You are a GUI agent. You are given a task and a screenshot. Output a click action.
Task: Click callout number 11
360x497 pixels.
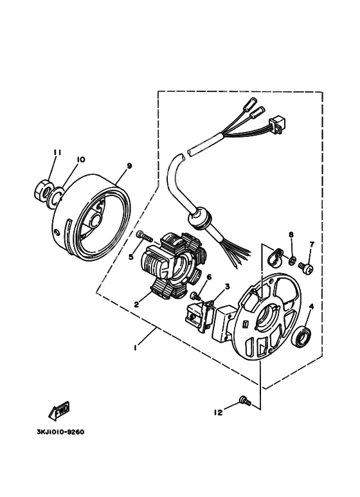click(57, 152)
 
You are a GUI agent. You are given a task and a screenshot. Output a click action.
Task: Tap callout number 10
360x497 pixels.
click(80, 159)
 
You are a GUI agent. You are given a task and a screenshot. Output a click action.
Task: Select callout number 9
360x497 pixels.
click(129, 166)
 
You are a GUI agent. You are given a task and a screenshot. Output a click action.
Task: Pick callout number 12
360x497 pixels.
click(218, 412)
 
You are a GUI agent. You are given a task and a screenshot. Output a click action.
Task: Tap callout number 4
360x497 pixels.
click(312, 307)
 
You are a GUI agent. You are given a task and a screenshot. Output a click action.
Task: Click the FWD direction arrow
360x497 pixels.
click(60, 409)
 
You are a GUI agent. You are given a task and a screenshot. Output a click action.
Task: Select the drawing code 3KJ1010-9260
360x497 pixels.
click(57, 431)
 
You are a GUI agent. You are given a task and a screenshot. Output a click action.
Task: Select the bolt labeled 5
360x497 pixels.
click(144, 237)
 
